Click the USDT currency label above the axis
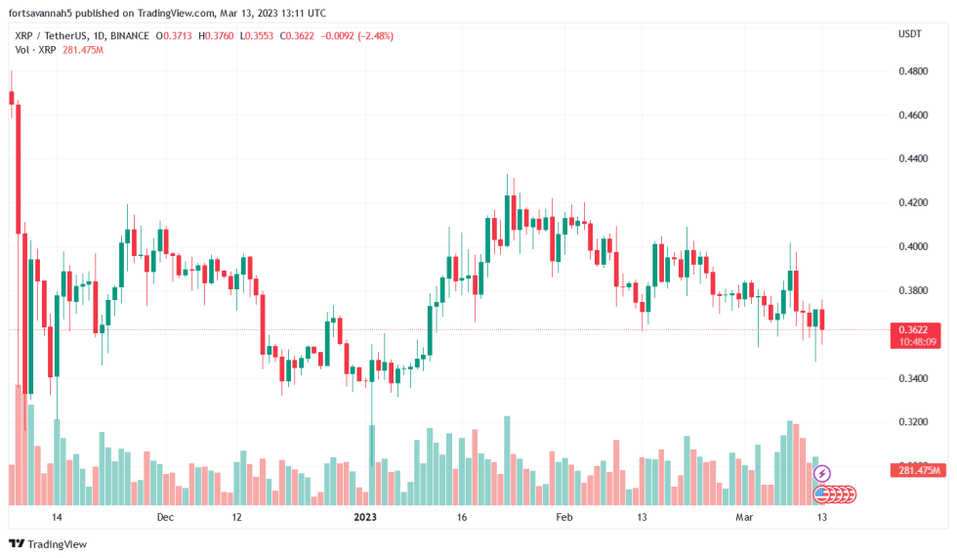(x=909, y=34)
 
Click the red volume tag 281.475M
(x=918, y=471)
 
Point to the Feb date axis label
(x=563, y=516)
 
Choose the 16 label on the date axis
(x=462, y=516)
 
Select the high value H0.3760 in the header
(x=218, y=36)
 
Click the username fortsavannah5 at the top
(x=45, y=14)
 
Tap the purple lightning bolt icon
(x=822, y=473)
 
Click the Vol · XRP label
(x=35, y=50)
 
